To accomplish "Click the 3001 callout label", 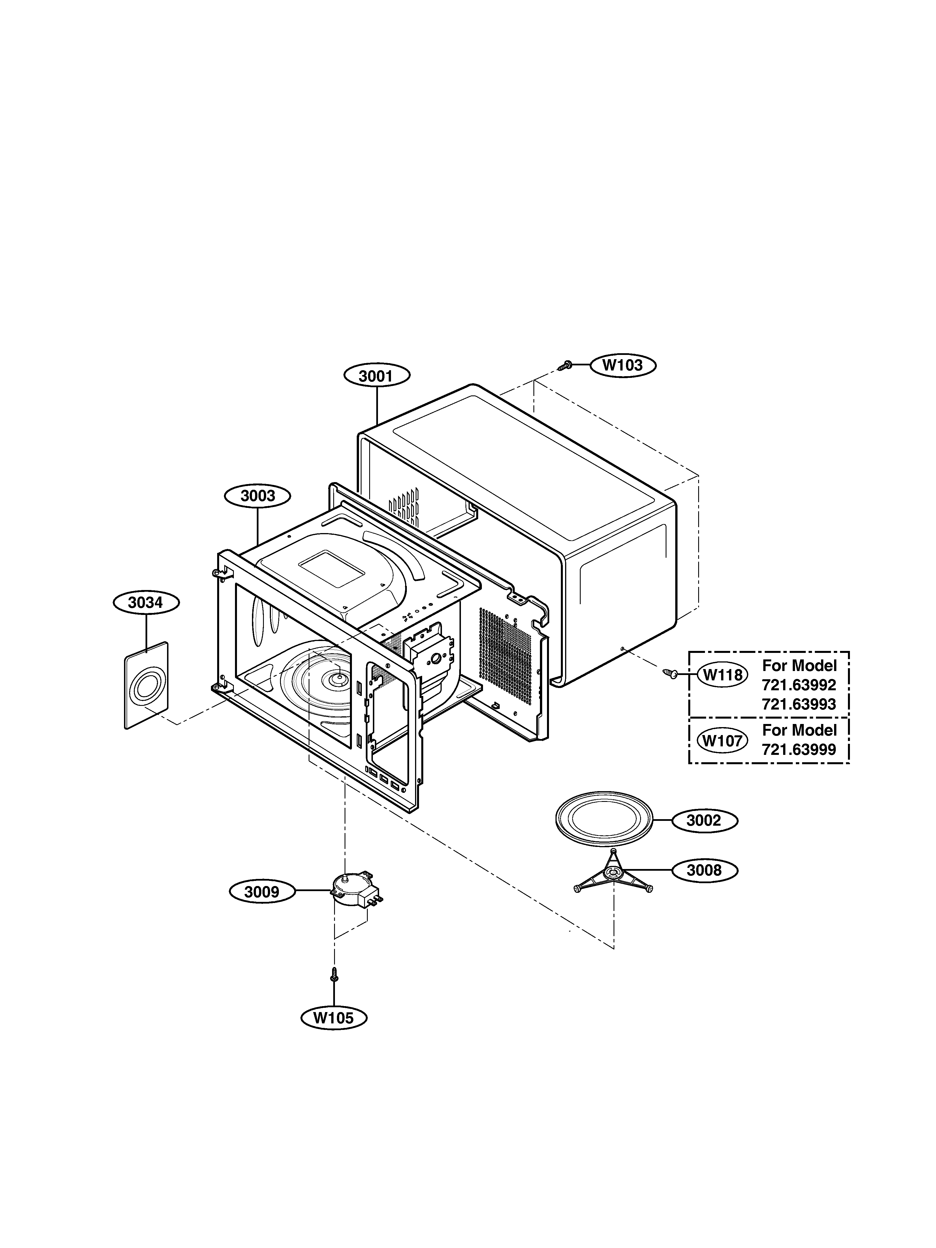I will point(376,376).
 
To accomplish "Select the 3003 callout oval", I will point(258,496).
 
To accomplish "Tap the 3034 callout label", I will point(146,602).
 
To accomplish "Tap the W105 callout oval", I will point(333,1018).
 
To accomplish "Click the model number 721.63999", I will point(799,750).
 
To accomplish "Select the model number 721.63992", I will point(799,685).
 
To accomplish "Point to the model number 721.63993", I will point(799,704).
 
